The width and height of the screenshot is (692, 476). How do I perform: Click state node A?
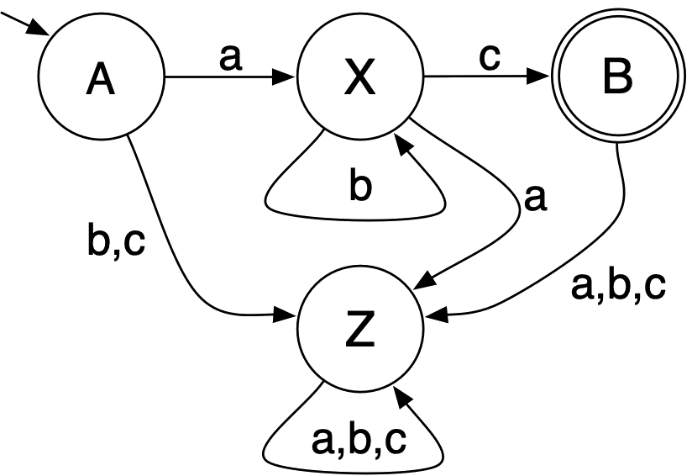[x=100, y=80]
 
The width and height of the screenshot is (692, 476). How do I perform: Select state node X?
[x=359, y=80]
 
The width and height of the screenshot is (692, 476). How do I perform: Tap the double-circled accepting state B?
[x=617, y=80]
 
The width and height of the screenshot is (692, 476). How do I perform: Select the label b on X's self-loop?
[x=359, y=187]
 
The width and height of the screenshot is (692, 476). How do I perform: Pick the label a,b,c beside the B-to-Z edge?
[x=618, y=286]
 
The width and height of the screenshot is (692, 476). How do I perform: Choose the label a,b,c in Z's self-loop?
[x=359, y=439]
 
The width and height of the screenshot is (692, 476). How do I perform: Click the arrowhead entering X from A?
[x=287, y=80]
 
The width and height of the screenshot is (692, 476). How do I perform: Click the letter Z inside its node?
[x=359, y=332]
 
